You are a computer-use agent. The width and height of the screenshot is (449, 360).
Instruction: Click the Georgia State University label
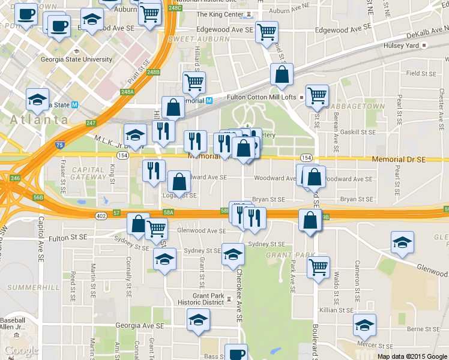click(76, 59)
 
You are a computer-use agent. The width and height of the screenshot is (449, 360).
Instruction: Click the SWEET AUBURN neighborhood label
click(190, 39)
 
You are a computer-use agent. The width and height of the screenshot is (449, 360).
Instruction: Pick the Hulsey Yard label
click(401, 46)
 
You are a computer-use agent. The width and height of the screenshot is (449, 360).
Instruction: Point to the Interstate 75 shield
click(59, 145)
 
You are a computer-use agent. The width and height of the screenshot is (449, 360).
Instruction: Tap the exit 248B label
click(153, 72)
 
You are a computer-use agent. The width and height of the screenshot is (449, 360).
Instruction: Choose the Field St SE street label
click(421, 73)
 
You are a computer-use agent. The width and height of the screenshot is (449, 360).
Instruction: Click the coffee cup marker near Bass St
click(236, 353)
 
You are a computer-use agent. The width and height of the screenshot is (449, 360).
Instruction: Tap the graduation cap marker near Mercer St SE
click(364, 325)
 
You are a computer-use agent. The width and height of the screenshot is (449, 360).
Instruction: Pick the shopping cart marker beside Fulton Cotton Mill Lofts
click(316, 94)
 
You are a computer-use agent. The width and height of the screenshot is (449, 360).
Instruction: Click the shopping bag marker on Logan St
click(179, 181)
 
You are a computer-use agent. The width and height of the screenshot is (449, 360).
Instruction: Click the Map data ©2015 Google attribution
click(412, 356)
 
